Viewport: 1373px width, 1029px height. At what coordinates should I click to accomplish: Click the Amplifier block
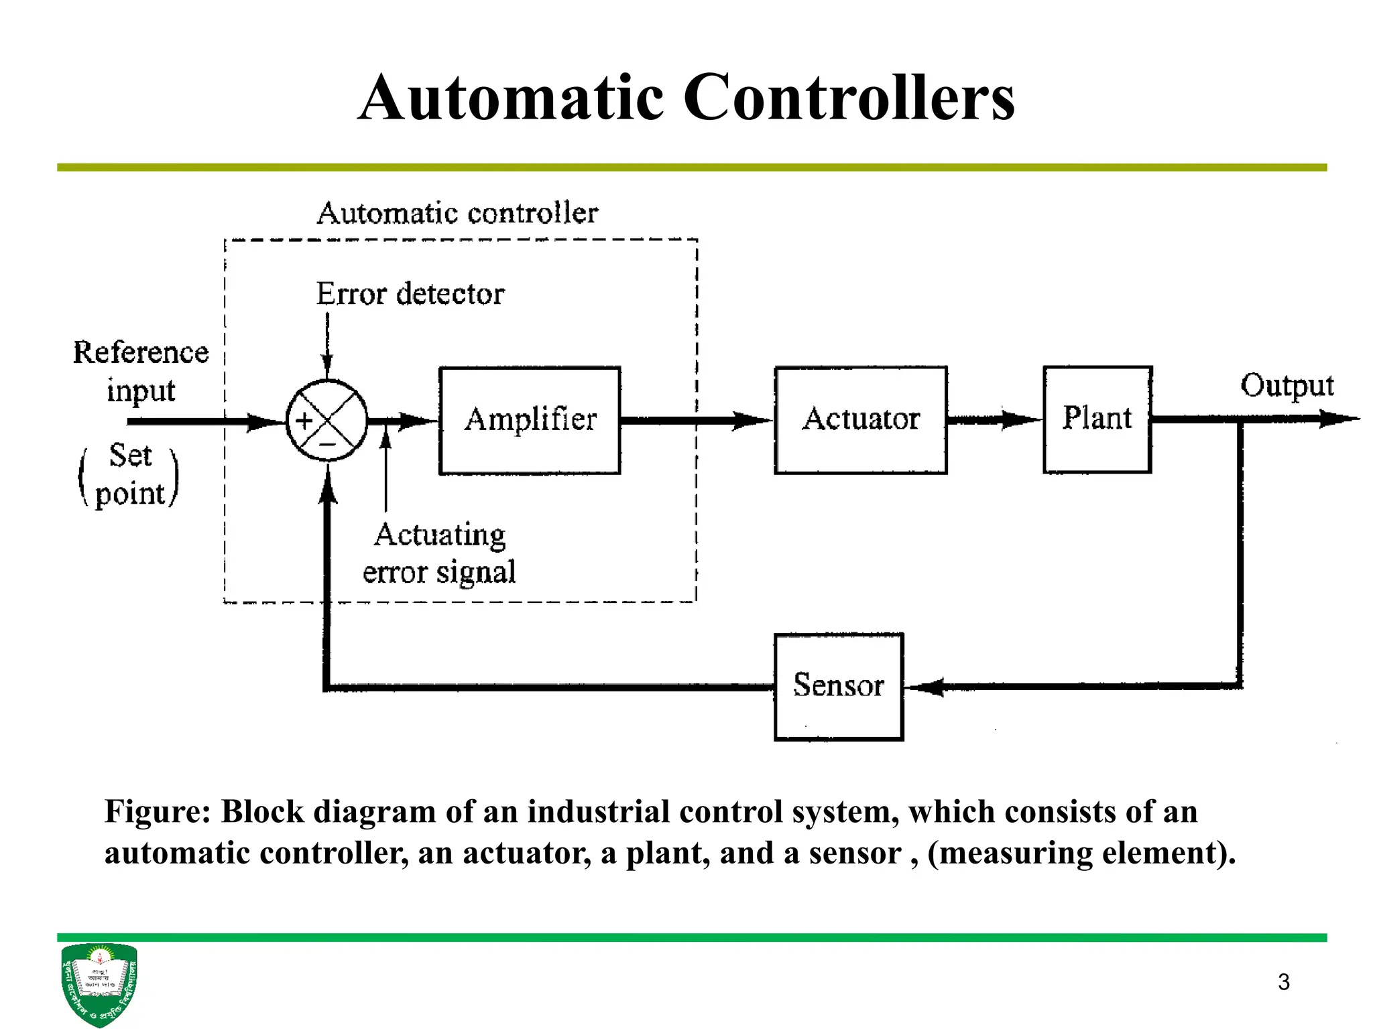[530, 420]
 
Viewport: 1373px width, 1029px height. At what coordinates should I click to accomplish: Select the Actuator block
[861, 420]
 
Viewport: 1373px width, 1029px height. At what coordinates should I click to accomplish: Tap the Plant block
[1097, 419]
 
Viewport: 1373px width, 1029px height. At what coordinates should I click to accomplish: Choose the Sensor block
[839, 686]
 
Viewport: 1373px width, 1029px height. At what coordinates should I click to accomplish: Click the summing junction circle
[327, 421]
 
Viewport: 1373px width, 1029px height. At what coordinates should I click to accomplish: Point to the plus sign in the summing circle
[305, 421]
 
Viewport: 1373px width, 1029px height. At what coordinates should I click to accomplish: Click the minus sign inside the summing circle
[327, 444]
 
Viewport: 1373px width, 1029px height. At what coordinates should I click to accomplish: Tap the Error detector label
[410, 294]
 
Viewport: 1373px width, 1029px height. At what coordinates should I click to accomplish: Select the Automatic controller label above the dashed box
[457, 214]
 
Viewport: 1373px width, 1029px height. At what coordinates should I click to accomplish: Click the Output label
[1287, 386]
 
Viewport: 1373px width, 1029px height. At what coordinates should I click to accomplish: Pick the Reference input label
[141, 370]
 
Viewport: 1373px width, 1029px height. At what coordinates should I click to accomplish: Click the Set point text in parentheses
[130, 474]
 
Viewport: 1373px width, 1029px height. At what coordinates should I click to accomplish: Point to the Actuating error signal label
[439, 553]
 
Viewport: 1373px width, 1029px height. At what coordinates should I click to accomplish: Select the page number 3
[1283, 982]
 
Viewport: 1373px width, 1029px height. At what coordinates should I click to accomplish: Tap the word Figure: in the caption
[158, 812]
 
